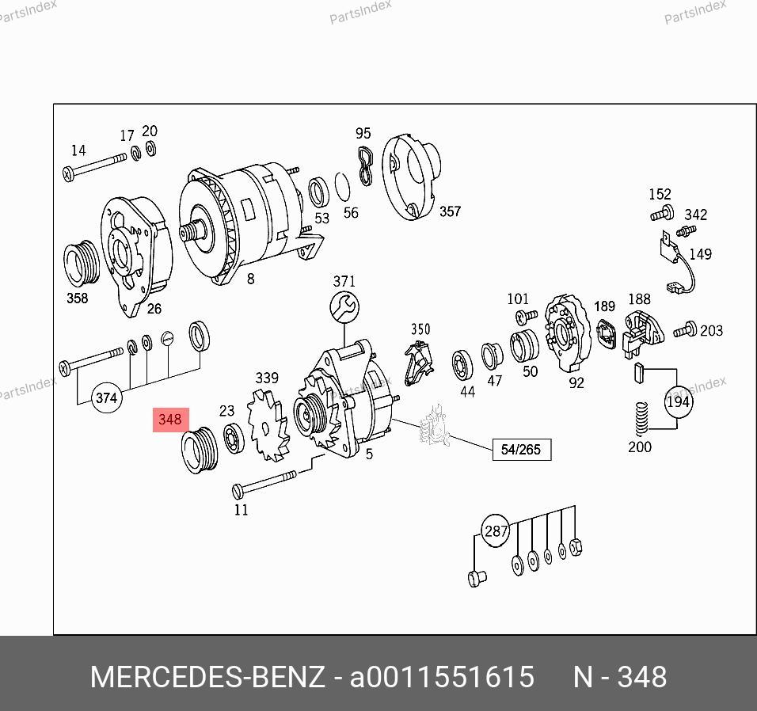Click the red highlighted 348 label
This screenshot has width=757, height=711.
coord(170,420)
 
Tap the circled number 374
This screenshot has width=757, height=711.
coord(106,397)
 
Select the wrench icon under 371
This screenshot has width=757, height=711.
coord(344,307)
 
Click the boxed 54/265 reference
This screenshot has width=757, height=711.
coord(521,450)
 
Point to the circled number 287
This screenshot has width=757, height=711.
coord(496,531)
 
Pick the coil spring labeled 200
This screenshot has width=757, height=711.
coord(641,420)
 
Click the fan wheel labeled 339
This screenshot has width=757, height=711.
coord(268,425)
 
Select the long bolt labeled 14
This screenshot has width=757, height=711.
coord(95,166)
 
